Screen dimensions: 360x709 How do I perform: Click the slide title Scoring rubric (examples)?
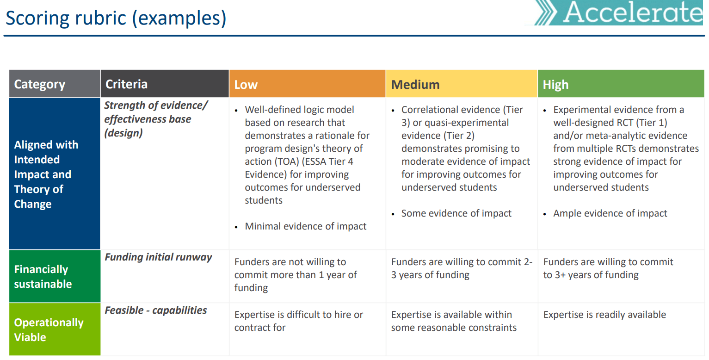[x=116, y=18]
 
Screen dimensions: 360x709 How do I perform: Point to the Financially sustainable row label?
[x=43, y=277]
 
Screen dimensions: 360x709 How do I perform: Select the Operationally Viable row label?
[x=49, y=329]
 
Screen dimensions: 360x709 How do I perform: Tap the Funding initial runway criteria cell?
[x=158, y=257]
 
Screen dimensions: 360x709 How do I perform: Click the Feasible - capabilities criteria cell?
[x=155, y=310]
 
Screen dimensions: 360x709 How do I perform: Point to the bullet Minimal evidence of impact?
[x=305, y=226]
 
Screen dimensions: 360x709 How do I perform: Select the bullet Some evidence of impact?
[x=456, y=213]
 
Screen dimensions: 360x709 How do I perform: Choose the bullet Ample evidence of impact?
[x=610, y=213]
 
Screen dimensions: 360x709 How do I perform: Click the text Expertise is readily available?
[x=604, y=315]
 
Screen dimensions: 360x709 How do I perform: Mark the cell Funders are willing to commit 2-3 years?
[x=461, y=268]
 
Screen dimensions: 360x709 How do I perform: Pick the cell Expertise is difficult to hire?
[x=298, y=321]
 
